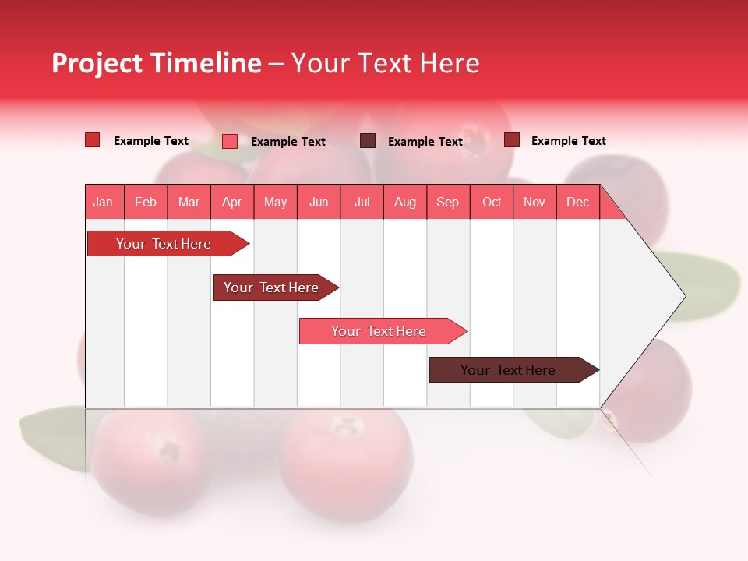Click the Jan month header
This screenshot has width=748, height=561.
click(103, 202)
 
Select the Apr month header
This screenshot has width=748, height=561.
click(231, 202)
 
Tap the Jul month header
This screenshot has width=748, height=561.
click(362, 202)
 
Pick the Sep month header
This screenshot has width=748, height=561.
click(447, 202)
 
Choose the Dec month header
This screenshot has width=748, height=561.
click(577, 202)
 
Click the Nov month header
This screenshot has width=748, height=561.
click(534, 202)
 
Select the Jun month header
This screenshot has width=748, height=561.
click(318, 202)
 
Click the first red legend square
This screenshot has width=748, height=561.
click(92, 140)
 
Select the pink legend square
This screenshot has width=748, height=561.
click(229, 141)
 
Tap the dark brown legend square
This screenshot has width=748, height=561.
click(367, 141)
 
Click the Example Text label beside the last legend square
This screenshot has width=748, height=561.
click(568, 141)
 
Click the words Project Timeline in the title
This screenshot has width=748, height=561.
click(156, 63)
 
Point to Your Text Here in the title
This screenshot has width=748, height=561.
click(386, 63)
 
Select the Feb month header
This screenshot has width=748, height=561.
click(146, 202)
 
